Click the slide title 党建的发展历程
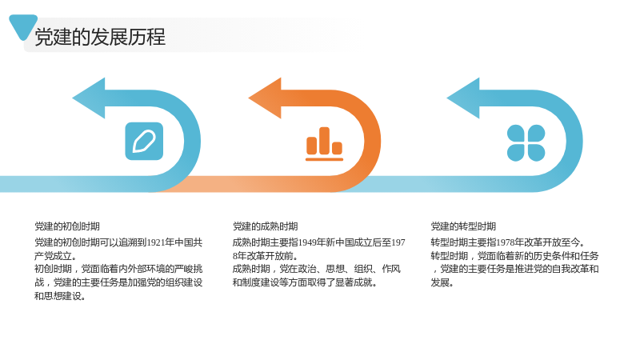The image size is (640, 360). coord(100,37)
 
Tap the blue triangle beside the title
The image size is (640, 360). coord(23,26)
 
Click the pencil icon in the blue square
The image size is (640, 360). coord(144,141)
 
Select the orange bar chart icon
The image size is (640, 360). coord(325,144)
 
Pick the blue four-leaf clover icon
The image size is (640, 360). coord(526,143)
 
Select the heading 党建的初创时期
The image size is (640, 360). coord(67,226)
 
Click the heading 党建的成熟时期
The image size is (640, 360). coord(266,226)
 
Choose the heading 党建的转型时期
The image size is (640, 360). coord(463,226)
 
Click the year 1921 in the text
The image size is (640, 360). coord(156,242)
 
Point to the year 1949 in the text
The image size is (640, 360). coord(308,242)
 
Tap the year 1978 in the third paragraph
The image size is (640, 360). coord(506,242)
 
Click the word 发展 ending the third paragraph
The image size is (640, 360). coord(440,282)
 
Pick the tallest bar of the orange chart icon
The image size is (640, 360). coord(325,141)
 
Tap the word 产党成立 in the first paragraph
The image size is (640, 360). coord(53,256)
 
